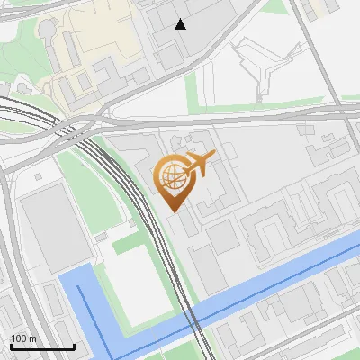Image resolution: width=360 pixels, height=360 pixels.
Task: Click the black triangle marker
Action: pyautogui.click(x=181, y=24)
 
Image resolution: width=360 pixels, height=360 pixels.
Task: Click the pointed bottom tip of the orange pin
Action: pyautogui.click(x=174, y=211)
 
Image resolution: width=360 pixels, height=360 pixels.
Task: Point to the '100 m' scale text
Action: pyautogui.click(x=23, y=338)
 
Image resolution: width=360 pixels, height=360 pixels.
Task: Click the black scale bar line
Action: pyautogui.click(x=41, y=346)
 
